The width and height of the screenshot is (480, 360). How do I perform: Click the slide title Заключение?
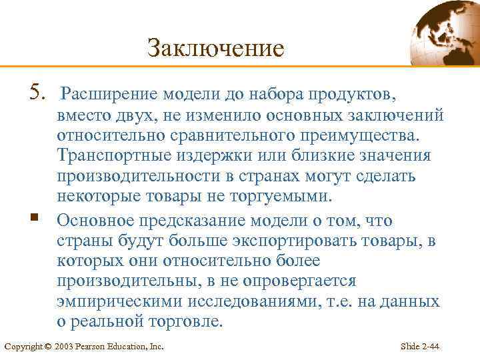[x=215, y=48]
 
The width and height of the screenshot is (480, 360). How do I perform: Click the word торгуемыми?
[x=279, y=197]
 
